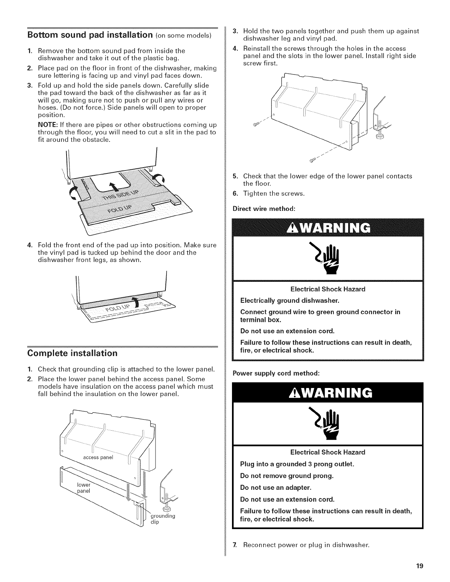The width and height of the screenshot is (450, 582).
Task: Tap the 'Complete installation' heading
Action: coord(72,353)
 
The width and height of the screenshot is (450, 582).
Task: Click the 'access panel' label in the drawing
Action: coord(99,457)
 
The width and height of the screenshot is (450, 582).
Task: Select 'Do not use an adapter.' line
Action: coord(276,488)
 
